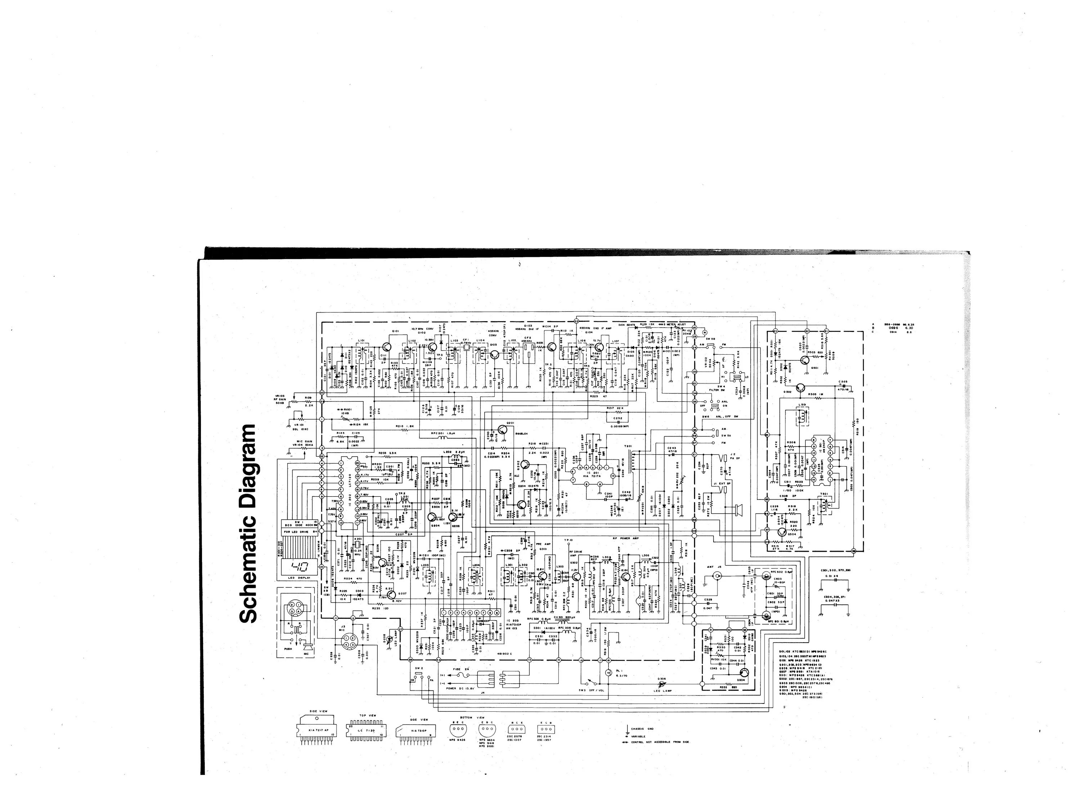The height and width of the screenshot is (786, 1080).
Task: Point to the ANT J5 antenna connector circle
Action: tap(715, 576)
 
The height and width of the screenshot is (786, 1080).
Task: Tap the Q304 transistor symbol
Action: tap(744, 672)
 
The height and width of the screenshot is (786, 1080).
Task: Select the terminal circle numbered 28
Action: tap(410, 660)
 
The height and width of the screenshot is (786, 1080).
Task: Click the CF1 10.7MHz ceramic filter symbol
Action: tap(467, 348)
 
